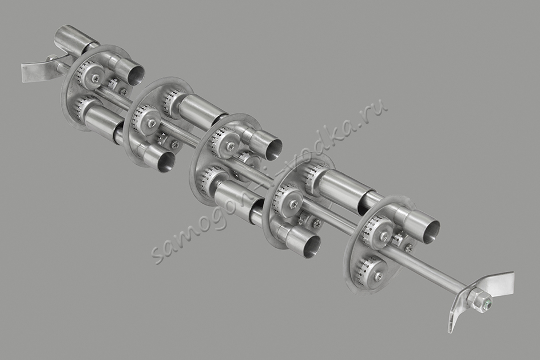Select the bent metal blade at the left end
click(35, 69)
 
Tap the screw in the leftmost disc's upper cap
click(95, 78)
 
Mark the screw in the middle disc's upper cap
click(229, 147)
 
